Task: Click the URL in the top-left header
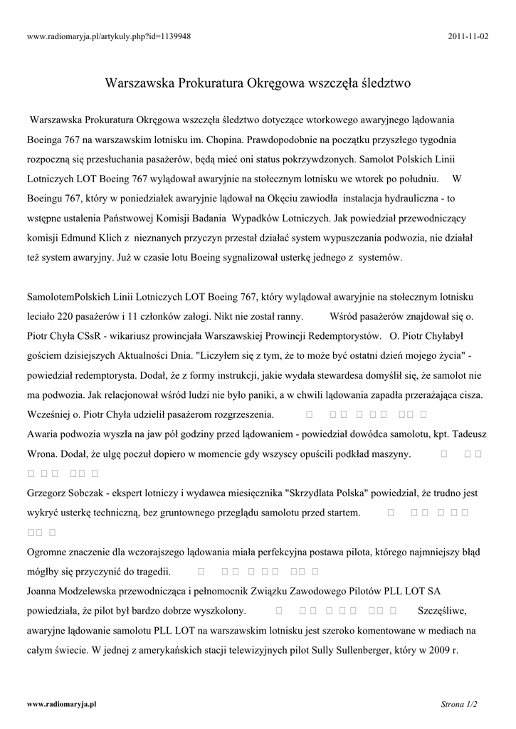coord(108,36)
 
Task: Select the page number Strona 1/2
coord(459,704)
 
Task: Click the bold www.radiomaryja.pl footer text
coord(61,704)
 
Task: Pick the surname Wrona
coord(43,453)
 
